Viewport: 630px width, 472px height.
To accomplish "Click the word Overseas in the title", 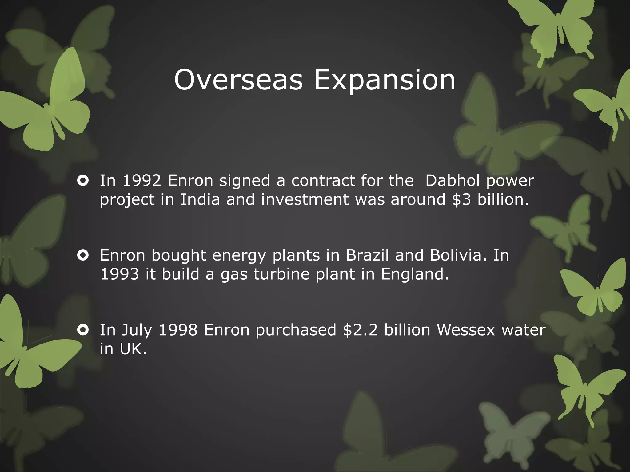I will [238, 80].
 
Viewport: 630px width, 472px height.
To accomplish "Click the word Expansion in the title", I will [385, 80].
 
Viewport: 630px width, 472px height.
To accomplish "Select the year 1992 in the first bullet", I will [142, 180].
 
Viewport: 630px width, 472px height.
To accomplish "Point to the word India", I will [200, 199].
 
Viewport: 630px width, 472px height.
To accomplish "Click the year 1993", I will [120, 274].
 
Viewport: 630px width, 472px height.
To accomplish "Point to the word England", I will [414, 274].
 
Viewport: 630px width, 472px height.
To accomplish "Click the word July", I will [137, 330].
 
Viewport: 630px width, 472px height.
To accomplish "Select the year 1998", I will [178, 330].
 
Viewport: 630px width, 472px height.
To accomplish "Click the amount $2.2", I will [360, 330].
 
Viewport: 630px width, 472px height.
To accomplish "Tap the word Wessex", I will [466, 330].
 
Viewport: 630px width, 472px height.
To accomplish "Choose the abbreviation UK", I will [133, 349].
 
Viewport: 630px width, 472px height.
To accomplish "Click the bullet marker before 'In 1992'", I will [83, 180].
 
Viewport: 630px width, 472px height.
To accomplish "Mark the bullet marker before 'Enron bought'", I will [83, 255].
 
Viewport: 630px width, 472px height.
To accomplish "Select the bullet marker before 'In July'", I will [83, 330].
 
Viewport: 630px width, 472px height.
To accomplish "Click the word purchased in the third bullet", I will [296, 330].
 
